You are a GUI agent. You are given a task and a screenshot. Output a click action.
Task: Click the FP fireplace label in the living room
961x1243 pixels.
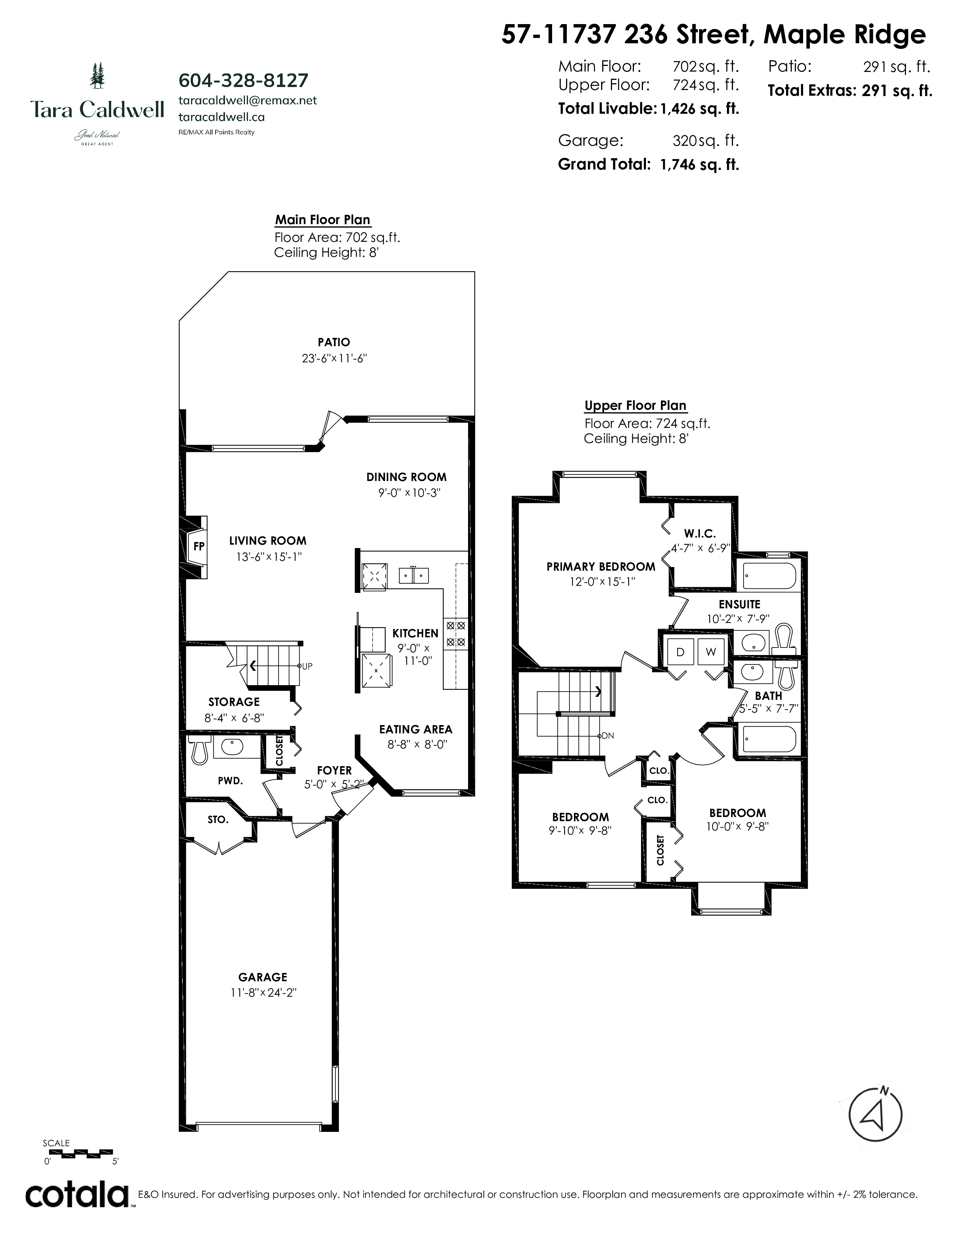(199, 547)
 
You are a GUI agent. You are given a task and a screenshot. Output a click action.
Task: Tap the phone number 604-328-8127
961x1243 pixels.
(244, 80)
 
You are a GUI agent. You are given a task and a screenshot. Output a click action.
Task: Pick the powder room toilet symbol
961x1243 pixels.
(199, 750)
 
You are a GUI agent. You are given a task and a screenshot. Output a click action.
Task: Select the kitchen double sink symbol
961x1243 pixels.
(414, 576)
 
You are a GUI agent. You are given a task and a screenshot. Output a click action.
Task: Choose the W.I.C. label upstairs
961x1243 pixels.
(700, 533)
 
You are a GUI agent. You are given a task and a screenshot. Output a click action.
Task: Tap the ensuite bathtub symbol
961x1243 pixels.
(770, 577)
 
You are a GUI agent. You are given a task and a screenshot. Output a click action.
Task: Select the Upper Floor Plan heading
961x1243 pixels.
(635, 406)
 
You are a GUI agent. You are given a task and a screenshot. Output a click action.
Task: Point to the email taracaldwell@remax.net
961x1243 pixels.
(248, 100)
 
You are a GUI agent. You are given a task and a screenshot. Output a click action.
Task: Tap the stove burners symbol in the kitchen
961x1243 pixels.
(456, 634)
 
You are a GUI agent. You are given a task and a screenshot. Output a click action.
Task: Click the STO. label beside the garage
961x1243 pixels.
(218, 820)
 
